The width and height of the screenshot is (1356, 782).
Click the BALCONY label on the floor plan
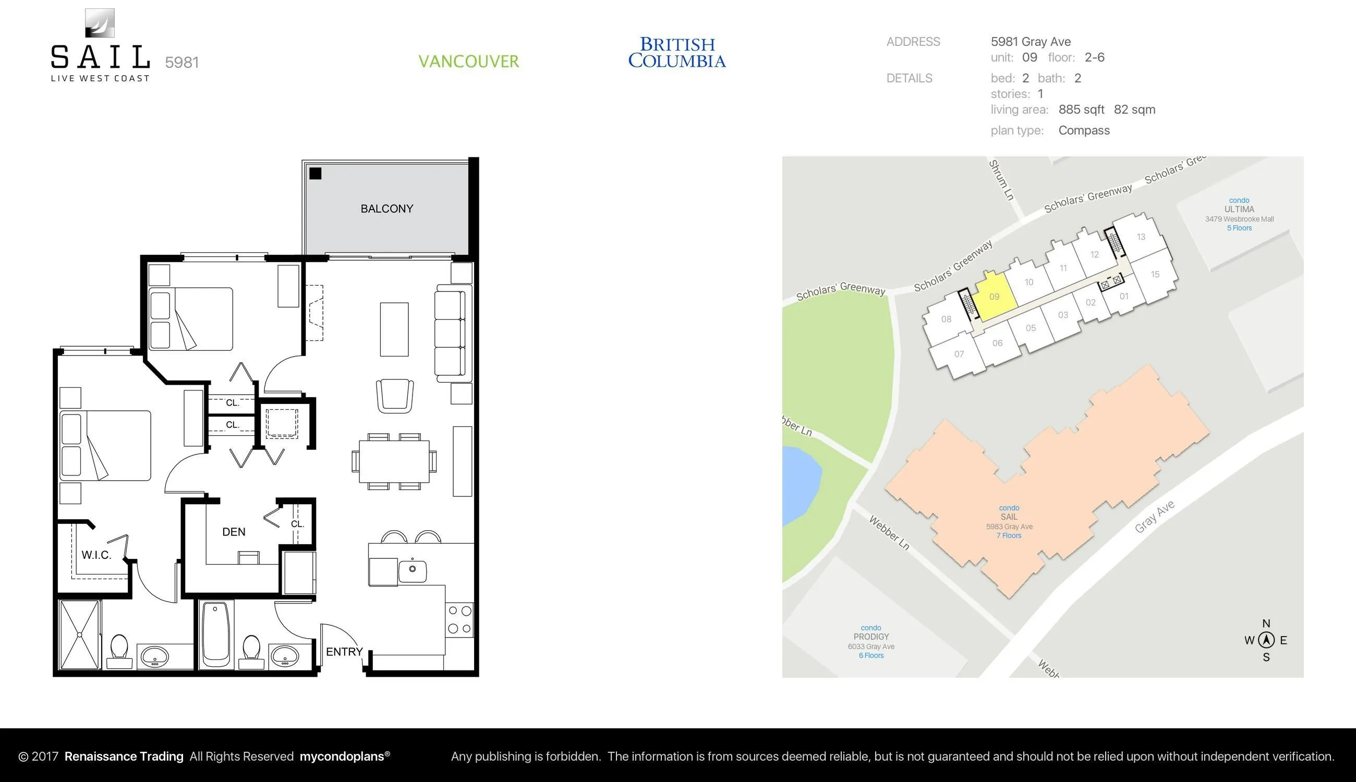click(x=387, y=209)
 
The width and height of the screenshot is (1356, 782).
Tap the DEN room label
click(x=234, y=532)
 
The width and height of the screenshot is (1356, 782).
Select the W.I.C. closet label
click(x=96, y=555)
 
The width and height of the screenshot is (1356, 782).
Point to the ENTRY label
click(x=344, y=652)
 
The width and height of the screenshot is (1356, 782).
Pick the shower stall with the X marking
click(x=79, y=634)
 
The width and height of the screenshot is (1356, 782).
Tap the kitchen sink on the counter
click(x=412, y=569)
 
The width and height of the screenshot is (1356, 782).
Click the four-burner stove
click(x=460, y=619)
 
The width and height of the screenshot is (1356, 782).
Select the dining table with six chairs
click(x=394, y=461)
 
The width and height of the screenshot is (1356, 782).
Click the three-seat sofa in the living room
click(x=450, y=333)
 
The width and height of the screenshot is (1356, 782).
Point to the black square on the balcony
click(x=316, y=174)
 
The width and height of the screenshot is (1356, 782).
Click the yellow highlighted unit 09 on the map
click(x=995, y=297)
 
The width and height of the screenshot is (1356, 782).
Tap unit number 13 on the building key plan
click(x=1141, y=237)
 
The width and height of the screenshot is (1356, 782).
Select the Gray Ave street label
click(x=1155, y=517)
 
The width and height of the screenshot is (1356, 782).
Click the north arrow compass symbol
click(x=1266, y=640)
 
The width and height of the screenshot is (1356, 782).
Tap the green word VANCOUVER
click(x=469, y=61)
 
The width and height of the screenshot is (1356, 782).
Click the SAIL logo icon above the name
click(x=100, y=23)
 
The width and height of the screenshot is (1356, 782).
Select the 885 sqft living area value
click(x=1081, y=109)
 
